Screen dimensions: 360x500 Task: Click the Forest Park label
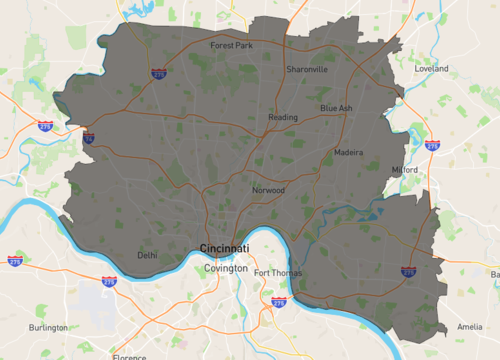click(x=230, y=45)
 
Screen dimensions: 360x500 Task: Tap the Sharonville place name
click(x=306, y=69)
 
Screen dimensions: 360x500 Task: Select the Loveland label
click(x=432, y=69)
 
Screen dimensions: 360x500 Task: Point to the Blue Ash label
click(x=336, y=108)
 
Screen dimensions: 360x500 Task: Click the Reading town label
click(x=283, y=118)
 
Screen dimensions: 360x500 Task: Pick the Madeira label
click(x=349, y=153)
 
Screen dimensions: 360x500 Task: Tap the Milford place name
click(x=405, y=170)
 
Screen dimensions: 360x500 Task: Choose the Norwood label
click(x=269, y=190)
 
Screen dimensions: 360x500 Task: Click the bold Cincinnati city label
click(x=225, y=247)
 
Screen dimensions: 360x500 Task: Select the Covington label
click(x=225, y=269)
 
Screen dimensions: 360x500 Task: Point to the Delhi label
click(x=147, y=255)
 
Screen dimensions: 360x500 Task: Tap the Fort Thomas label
click(x=277, y=273)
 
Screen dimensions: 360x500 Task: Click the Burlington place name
click(x=49, y=327)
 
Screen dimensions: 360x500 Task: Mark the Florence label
click(x=130, y=356)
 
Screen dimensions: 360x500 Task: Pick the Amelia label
click(x=469, y=327)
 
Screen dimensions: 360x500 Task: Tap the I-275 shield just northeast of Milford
click(x=432, y=146)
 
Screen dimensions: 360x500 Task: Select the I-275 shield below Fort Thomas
click(x=279, y=300)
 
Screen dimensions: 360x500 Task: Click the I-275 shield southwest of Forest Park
click(x=160, y=73)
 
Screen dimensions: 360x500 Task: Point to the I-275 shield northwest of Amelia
click(x=408, y=272)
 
